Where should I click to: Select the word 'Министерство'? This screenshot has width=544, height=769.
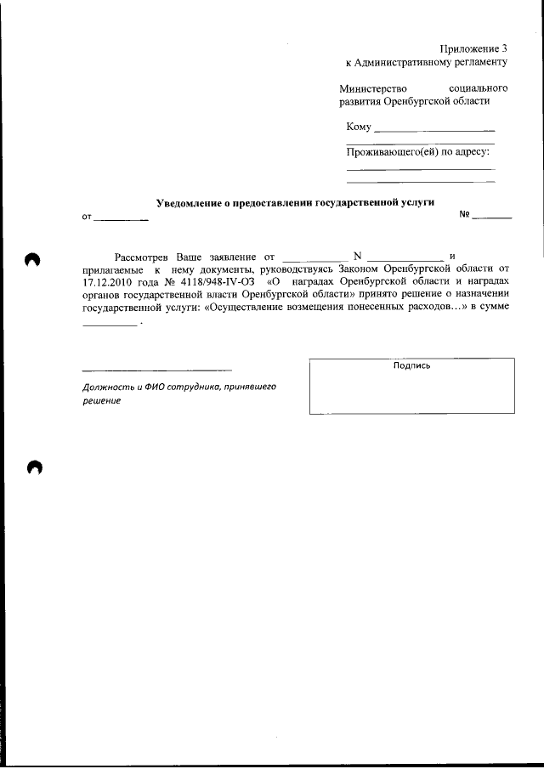373,88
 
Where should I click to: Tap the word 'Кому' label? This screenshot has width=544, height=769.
359,127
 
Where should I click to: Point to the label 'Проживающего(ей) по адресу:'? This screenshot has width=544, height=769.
418,152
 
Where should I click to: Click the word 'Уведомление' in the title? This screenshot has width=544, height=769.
189,203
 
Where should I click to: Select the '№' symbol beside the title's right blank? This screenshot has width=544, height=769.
465,215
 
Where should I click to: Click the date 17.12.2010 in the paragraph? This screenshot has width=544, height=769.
110,280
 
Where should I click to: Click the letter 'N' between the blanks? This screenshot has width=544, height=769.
357,256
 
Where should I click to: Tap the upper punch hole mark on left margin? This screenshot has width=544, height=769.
33,260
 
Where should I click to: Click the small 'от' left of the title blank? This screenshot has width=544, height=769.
87,218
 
